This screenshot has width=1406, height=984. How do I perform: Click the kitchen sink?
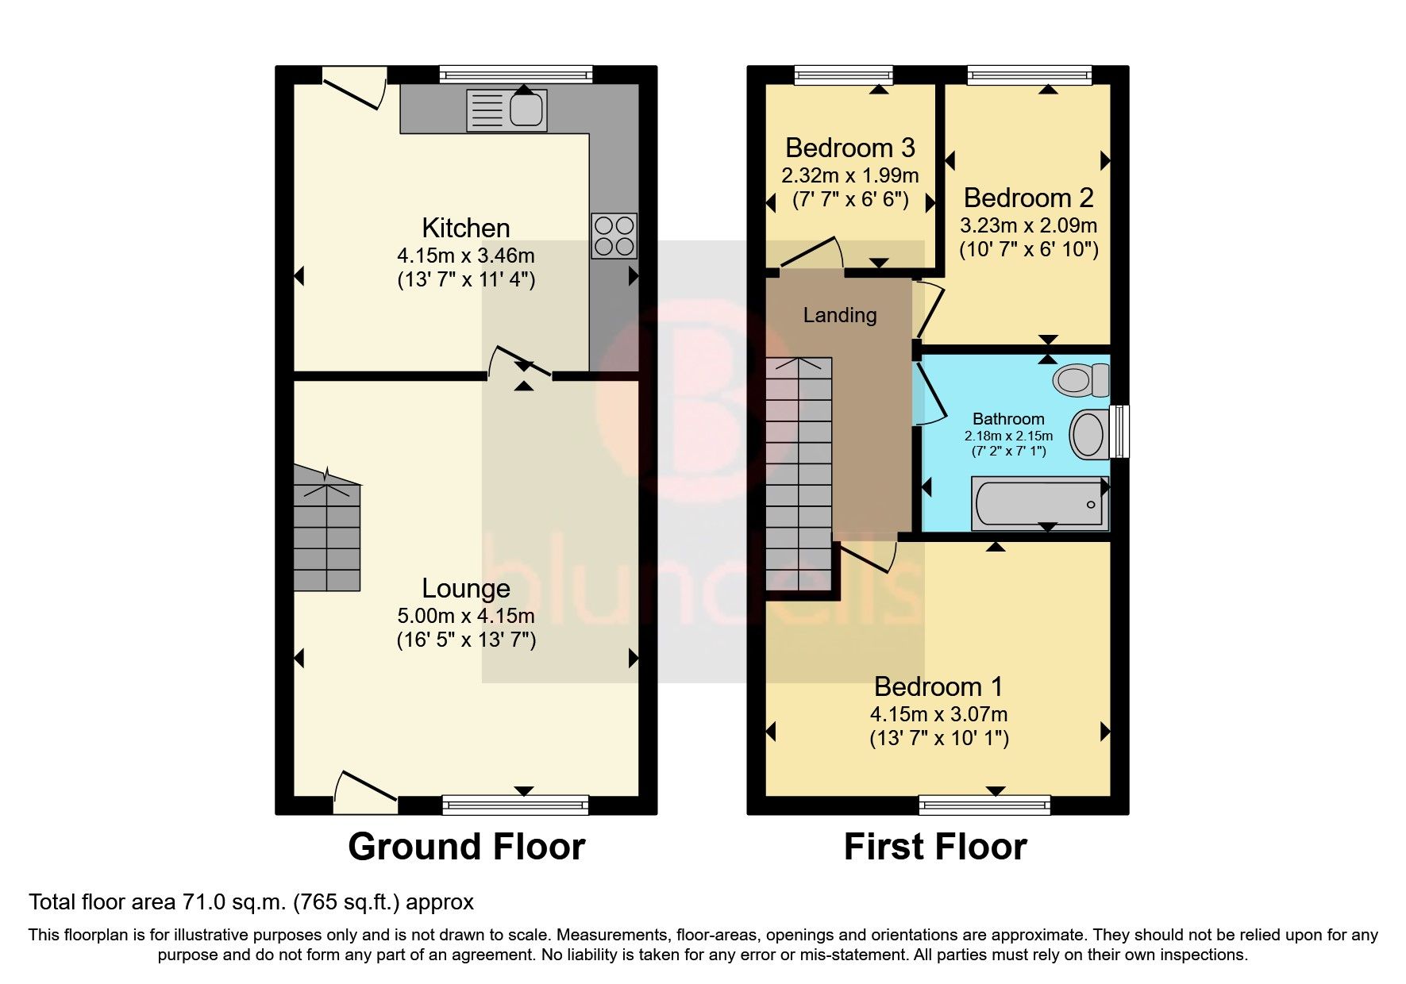tap(507, 110)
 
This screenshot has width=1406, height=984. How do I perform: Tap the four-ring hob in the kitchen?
tap(614, 236)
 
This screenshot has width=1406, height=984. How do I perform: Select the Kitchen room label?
tap(465, 229)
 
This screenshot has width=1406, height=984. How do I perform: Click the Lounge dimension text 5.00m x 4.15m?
tap(465, 616)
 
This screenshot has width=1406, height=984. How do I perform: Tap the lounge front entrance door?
tap(364, 791)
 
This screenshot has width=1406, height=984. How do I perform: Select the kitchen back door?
tap(354, 89)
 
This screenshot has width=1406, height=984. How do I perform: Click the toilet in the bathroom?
tap(1081, 380)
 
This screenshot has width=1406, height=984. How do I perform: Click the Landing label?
tap(840, 316)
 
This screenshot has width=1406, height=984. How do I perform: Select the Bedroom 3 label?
tap(849, 148)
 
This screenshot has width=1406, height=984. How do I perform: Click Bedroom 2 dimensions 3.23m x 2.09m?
tap(1028, 225)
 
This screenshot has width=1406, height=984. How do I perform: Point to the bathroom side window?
tap(1119, 432)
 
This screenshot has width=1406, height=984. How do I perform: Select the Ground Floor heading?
tap(466, 847)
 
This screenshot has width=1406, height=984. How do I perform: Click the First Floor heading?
tap(934, 847)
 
